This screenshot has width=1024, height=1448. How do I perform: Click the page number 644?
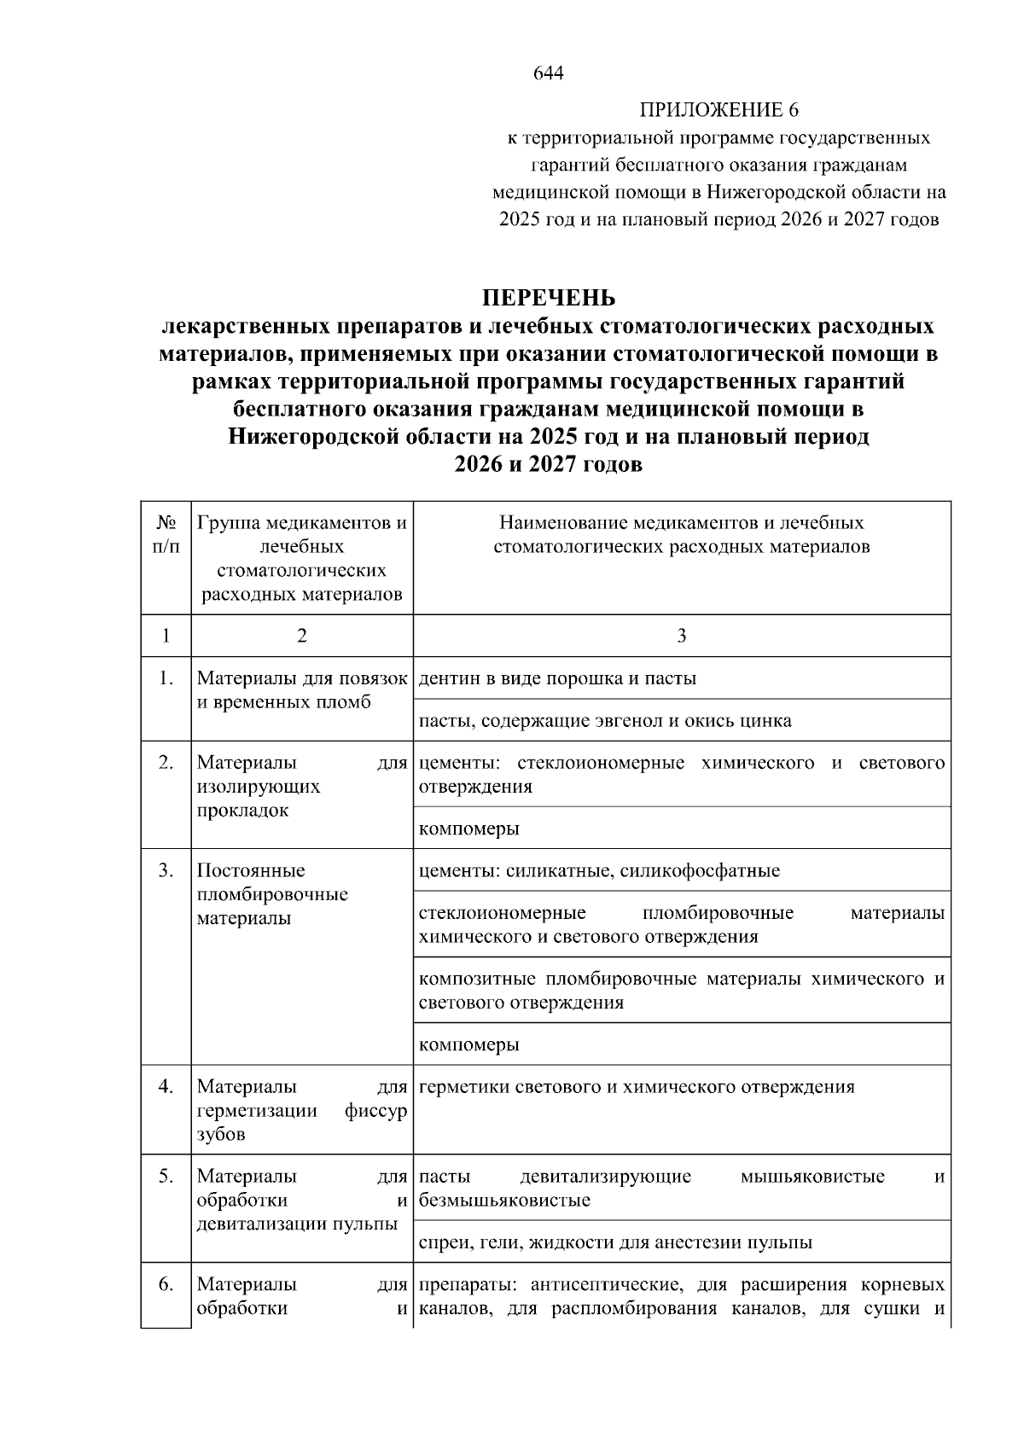[548, 73]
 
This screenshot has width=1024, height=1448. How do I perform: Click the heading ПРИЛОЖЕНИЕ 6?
[719, 110]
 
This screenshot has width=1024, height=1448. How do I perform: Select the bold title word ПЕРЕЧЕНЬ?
[548, 298]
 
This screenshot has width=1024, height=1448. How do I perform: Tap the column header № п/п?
[166, 535]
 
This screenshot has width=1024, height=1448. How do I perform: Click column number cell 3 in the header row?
[681, 636]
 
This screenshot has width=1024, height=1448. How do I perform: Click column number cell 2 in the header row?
[301, 636]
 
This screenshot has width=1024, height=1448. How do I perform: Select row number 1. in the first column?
[166, 678]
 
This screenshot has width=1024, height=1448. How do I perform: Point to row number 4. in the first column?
[166, 1087]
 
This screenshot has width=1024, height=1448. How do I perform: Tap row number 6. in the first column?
[166, 1285]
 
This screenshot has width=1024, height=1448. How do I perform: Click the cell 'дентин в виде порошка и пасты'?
[557, 678]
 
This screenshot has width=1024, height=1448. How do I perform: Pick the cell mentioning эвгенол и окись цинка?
[605, 721]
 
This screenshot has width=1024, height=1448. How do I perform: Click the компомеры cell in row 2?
[469, 829]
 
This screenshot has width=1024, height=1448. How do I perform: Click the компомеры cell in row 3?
[469, 1044]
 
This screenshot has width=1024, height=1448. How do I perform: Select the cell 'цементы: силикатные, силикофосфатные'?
[599, 871]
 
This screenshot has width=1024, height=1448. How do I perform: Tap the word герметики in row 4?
[459, 1087]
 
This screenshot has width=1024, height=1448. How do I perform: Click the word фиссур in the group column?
[376, 1111]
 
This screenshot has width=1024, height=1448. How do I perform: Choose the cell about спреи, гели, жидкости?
[614, 1242]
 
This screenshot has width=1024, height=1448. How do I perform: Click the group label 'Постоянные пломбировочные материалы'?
[272, 894]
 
